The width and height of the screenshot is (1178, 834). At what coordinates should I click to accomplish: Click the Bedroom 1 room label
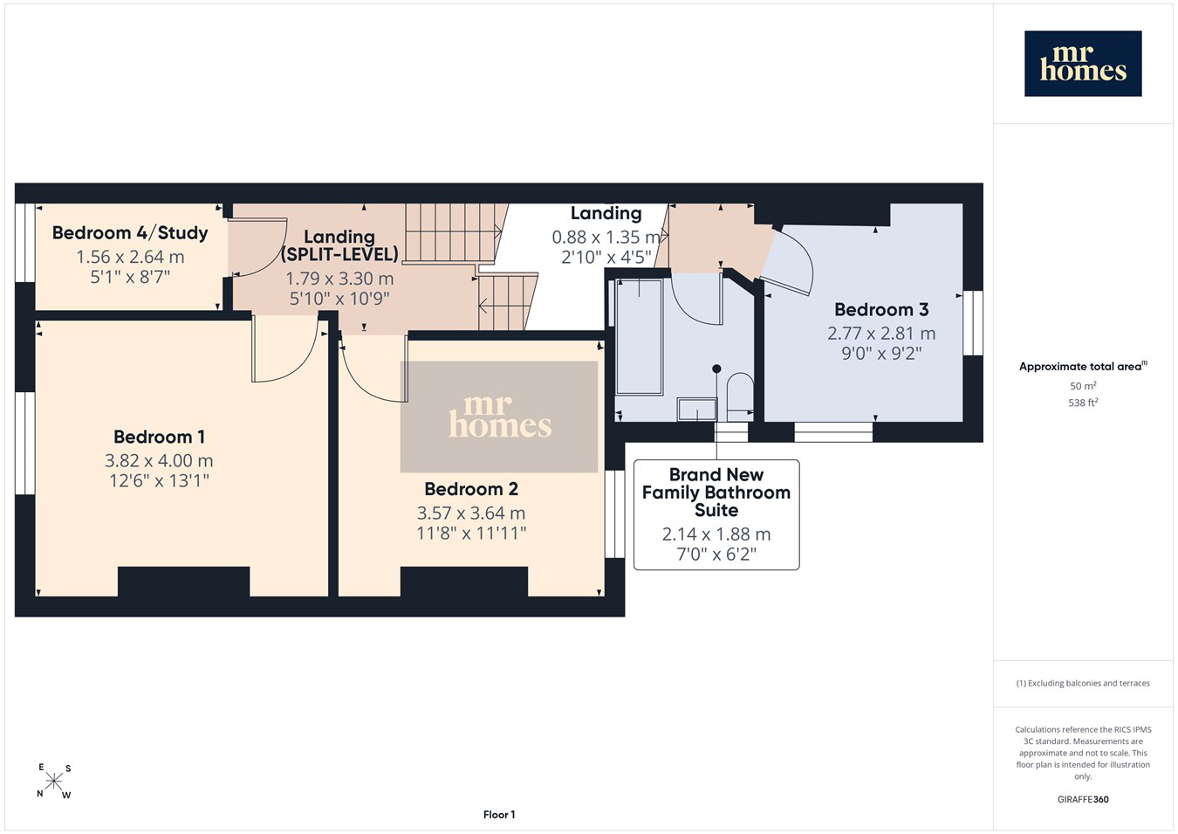coord(159,437)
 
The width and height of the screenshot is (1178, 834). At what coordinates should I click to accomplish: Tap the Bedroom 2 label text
coord(471,489)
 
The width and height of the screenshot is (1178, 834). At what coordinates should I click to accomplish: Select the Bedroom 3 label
coord(881,309)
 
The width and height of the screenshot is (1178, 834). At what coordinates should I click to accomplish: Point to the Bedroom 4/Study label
coord(130,232)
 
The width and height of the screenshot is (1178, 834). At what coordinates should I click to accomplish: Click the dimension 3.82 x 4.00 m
coord(159,460)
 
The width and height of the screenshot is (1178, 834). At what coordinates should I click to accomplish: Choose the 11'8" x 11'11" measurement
coord(471,534)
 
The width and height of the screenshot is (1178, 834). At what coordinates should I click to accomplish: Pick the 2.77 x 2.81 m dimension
coord(881,333)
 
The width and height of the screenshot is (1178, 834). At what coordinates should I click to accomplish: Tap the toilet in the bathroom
coord(740,396)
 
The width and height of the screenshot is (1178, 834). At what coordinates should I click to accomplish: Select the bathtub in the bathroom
coord(639,337)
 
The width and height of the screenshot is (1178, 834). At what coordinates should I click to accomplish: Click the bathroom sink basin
coord(697,410)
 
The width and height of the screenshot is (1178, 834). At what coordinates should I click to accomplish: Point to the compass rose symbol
coord(53,782)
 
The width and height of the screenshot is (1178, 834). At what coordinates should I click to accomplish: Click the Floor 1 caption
coord(499,815)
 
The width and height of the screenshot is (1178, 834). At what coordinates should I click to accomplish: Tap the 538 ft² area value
coord(1083,403)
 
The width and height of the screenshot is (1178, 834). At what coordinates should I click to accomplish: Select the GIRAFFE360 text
coord(1083,799)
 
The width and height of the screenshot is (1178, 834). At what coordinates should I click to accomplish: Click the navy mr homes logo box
coord(1083,63)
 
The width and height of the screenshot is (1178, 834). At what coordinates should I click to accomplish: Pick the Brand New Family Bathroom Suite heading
coord(716,493)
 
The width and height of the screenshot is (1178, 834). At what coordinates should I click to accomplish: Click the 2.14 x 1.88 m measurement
coord(716,534)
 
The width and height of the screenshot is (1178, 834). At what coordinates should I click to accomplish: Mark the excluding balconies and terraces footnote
coord(1083,683)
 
